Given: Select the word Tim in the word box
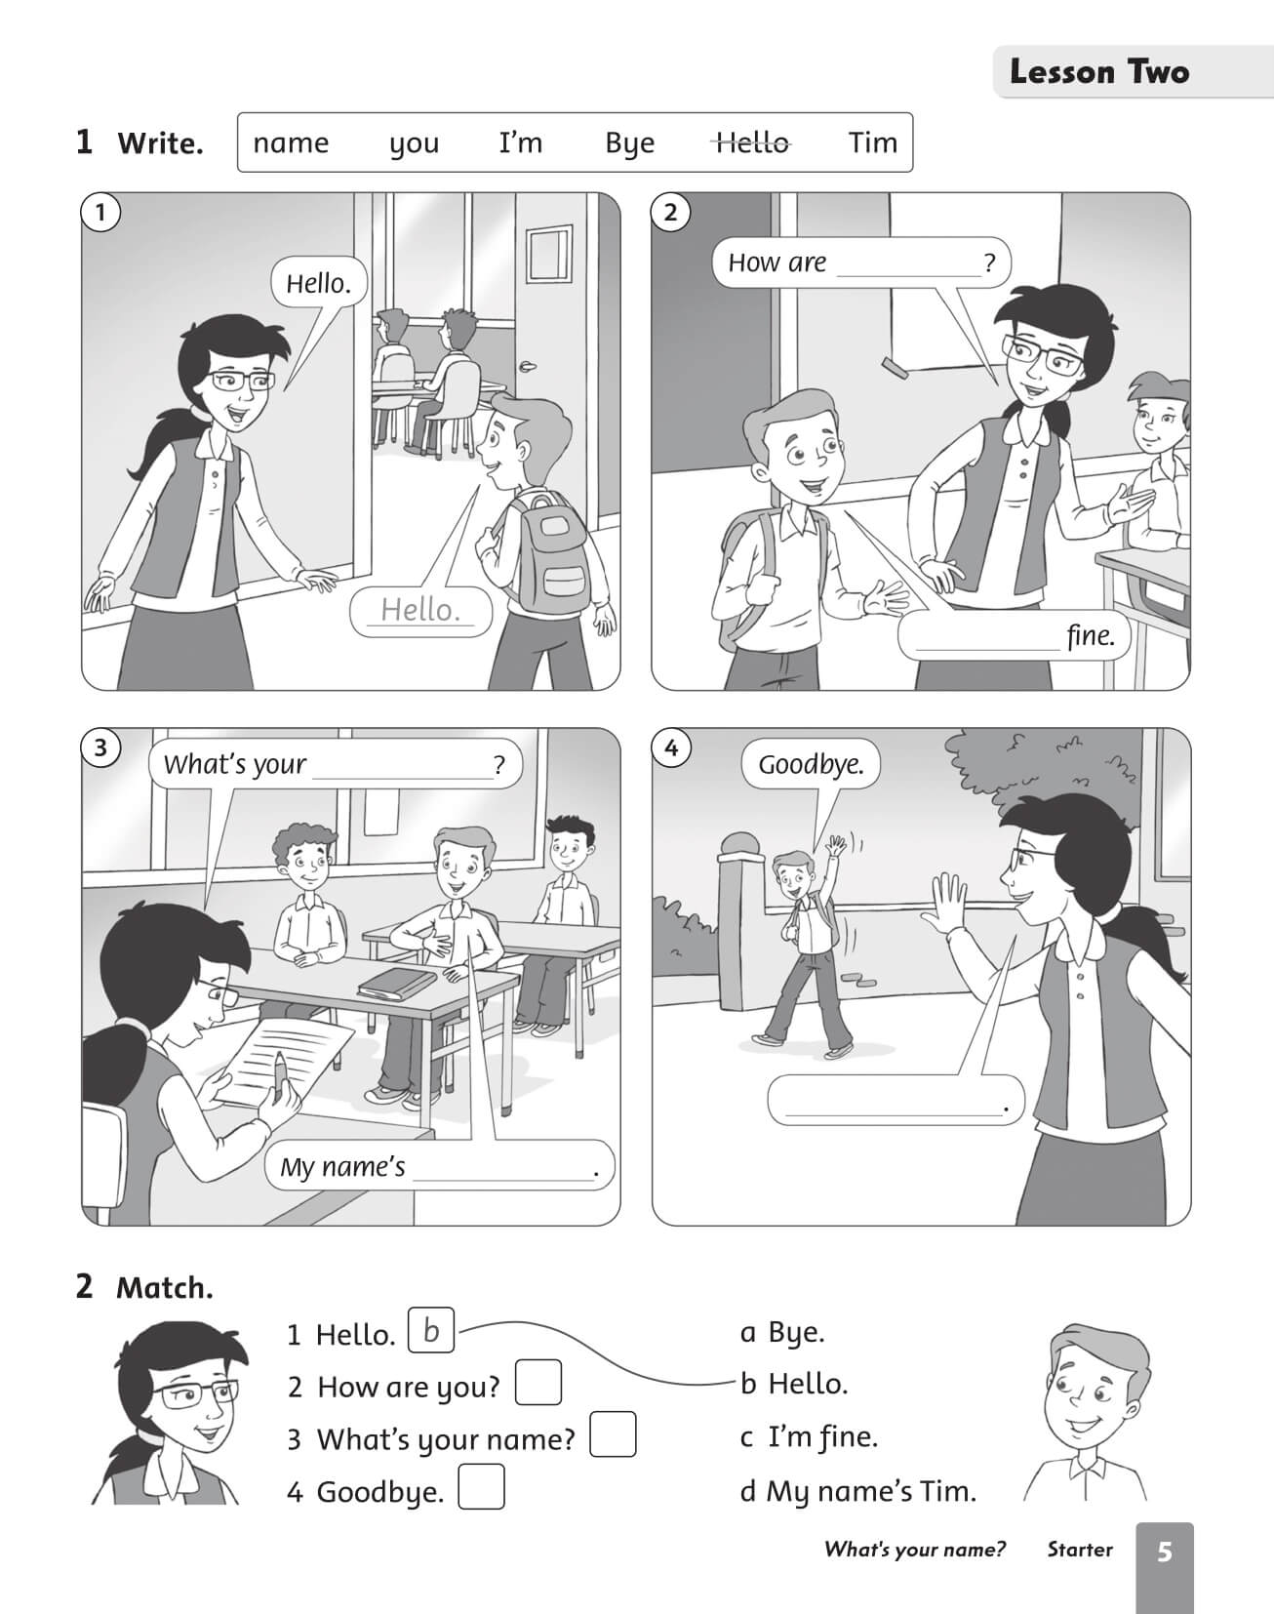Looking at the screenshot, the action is (x=872, y=142).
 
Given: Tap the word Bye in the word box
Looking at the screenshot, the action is (x=629, y=144).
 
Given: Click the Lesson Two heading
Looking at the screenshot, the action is (x=1099, y=72).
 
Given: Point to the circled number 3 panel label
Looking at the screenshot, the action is (x=100, y=748).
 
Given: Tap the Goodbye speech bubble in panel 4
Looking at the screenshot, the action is (x=811, y=764).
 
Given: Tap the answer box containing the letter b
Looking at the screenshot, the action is (x=431, y=1330).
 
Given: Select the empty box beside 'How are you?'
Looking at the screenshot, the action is (x=538, y=1383).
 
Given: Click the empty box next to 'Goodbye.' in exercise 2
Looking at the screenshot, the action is (x=481, y=1487).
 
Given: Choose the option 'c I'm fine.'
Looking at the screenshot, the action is (x=810, y=1436).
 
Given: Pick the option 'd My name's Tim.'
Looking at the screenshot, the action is (x=858, y=1491).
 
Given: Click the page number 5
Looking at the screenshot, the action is (x=1165, y=1552).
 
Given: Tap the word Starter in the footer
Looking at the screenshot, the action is (x=1080, y=1550).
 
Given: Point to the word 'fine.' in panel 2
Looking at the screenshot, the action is (x=1091, y=635).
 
